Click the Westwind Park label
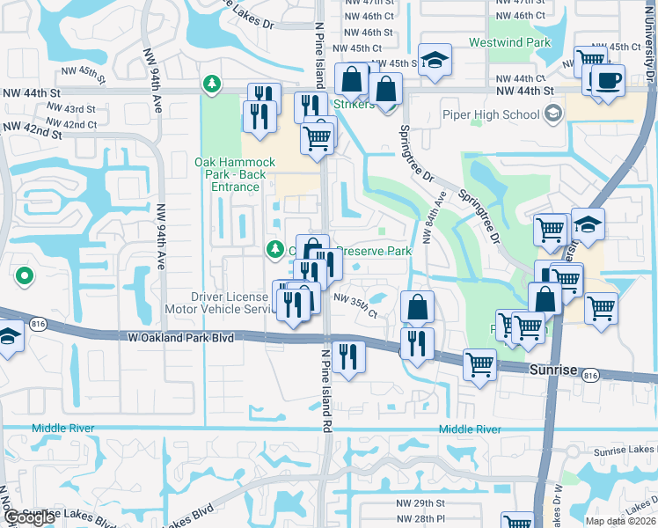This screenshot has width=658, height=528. [x=510, y=41]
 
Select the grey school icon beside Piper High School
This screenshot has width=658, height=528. [x=552, y=114]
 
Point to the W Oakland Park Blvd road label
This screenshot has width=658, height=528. [x=182, y=336]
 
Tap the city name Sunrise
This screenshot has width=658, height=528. [x=552, y=371]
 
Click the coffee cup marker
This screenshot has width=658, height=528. [x=607, y=81]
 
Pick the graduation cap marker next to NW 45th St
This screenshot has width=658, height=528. [x=435, y=60]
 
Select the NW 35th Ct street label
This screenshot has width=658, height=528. [x=355, y=307]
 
